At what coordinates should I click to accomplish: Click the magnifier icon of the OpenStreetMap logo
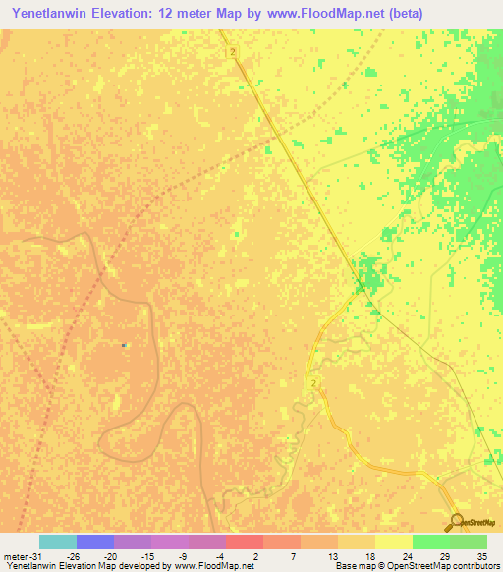click(x=457, y=523)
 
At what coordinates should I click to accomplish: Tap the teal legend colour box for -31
click(x=58, y=542)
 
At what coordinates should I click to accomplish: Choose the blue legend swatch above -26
click(x=95, y=542)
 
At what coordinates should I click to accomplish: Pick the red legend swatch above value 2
click(x=245, y=542)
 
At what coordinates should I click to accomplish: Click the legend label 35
click(x=481, y=555)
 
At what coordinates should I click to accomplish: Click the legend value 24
click(x=406, y=555)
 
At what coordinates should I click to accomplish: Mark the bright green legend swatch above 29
click(x=431, y=542)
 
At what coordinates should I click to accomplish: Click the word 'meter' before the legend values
click(x=15, y=555)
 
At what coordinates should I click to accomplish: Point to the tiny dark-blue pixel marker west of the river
click(x=123, y=345)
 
